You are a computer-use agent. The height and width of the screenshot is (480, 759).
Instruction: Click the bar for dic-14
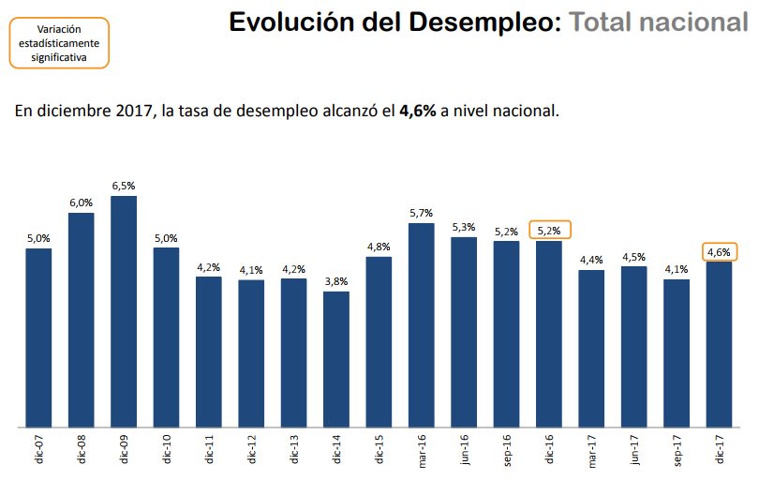(x=336, y=360)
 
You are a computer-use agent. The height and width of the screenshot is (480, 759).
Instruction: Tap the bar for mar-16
(x=422, y=325)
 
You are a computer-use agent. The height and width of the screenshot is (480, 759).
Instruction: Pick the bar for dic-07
(x=38, y=338)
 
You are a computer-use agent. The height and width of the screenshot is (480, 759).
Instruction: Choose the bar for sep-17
(x=676, y=353)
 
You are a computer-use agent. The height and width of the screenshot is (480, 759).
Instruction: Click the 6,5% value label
(x=124, y=187)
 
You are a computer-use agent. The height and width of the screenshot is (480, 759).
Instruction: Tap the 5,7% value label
(x=422, y=214)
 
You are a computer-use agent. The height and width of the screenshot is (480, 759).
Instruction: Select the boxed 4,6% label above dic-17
(x=719, y=251)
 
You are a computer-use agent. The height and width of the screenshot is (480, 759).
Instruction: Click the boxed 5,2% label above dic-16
(x=549, y=231)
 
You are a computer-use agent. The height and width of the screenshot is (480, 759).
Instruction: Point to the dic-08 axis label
(x=82, y=451)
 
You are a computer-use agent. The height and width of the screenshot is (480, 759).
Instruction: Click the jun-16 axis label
(x=464, y=451)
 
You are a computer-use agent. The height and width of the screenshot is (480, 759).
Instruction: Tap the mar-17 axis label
(x=591, y=451)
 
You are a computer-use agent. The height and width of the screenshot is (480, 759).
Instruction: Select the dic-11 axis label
(x=209, y=451)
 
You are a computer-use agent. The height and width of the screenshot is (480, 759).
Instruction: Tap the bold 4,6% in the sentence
(x=417, y=111)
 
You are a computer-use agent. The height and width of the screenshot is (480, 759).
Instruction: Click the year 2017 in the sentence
(x=133, y=111)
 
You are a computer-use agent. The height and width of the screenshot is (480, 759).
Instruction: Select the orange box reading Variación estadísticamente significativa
(x=59, y=43)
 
